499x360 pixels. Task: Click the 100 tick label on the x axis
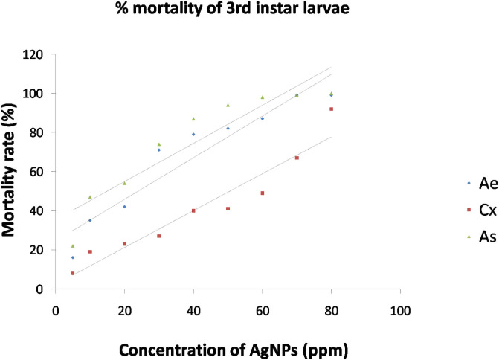pos(401,305)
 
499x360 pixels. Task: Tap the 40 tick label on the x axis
pos(193,305)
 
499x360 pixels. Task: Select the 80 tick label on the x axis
pos(332,305)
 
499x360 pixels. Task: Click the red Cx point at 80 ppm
pos(332,109)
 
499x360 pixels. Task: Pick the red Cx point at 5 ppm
pos(73,273)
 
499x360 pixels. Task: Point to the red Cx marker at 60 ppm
pos(263,193)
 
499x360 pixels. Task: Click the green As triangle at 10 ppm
pos(90,197)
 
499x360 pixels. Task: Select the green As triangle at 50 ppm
pos(228,105)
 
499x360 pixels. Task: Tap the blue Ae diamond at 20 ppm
pos(124,207)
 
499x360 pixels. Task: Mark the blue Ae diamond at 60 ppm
pos(263,119)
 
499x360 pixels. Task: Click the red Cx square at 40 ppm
pos(193,210)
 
